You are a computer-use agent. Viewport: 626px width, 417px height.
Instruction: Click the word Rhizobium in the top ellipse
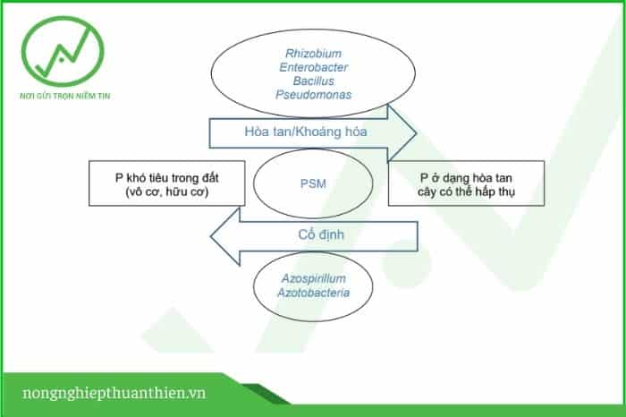(x=313, y=54)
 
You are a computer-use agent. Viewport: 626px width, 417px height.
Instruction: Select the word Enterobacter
(x=313, y=67)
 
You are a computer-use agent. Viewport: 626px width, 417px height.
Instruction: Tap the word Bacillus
(x=313, y=81)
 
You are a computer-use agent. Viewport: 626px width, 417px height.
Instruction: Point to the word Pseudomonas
(x=313, y=95)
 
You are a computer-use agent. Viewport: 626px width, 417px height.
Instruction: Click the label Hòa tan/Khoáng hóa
(x=306, y=132)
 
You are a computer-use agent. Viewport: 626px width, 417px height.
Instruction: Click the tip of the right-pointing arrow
(x=417, y=133)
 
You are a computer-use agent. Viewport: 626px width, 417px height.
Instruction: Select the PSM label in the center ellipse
(x=313, y=183)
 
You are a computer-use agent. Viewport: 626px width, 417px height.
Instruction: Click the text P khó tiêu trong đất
(x=167, y=178)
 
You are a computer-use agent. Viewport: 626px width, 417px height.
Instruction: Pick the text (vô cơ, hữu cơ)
(x=167, y=191)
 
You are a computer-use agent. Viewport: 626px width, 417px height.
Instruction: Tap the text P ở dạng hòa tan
(x=466, y=178)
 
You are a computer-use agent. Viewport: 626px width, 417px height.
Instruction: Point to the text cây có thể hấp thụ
(x=466, y=191)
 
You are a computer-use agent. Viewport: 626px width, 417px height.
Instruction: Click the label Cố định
(x=321, y=234)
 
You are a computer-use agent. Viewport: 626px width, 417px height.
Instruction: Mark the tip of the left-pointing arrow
(x=211, y=236)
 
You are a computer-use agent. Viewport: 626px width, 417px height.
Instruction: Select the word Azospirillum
(x=313, y=279)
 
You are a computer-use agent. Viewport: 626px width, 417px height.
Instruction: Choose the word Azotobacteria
(x=313, y=293)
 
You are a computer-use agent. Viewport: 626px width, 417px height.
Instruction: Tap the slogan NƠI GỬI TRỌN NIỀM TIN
(x=64, y=97)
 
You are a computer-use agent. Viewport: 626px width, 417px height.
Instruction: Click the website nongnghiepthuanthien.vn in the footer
(x=114, y=393)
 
